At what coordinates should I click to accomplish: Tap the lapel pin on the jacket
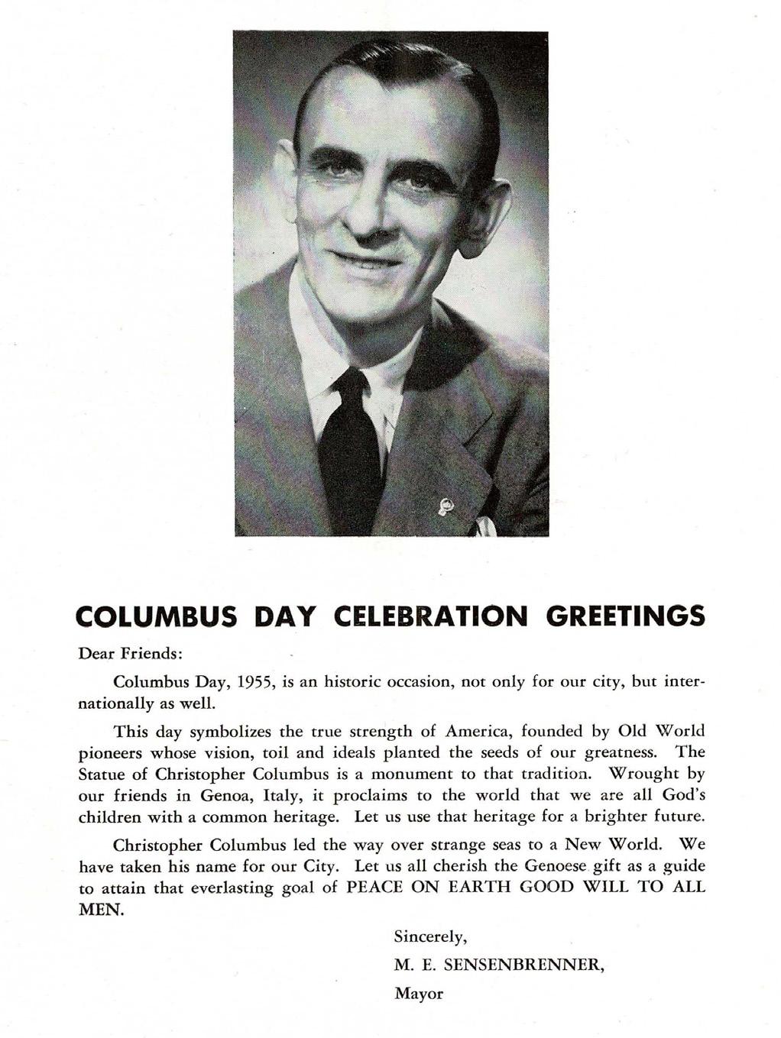point(446,506)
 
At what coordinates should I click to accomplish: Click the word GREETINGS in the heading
point(626,616)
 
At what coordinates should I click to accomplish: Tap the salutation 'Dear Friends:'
point(131,655)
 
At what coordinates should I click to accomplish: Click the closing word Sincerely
point(429,937)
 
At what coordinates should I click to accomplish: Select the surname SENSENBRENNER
point(524,965)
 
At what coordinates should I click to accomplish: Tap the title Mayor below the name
point(418,994)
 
